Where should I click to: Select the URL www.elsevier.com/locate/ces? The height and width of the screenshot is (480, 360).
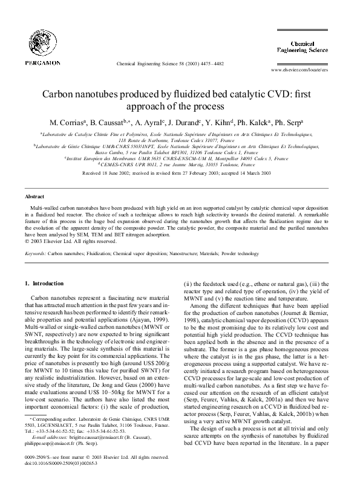tap(306, 70)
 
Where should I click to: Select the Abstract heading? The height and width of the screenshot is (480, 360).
tap(34, 197)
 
